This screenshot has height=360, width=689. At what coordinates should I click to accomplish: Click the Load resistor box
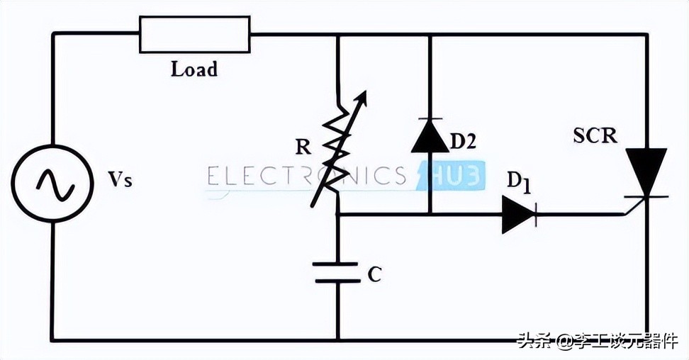tap(195, 35)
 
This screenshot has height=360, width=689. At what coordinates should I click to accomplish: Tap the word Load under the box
tap(194, 69)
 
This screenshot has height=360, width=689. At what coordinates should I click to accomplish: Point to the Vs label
tap(120, 180)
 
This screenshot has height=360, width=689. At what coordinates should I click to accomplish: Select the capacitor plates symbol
tap(337, 272)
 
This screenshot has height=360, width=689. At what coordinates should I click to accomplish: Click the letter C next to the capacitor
tap(374, 274)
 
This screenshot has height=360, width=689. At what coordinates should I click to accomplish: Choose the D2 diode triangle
tap(430, 136)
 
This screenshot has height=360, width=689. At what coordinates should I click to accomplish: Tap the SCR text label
tap(595, 135)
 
